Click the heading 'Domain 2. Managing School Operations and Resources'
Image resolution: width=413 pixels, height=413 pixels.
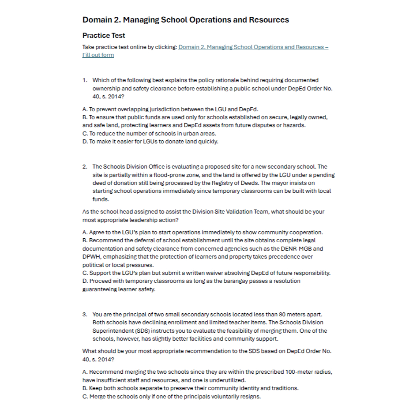pos(185,20)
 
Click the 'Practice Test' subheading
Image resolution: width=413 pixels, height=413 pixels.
pos(104,36)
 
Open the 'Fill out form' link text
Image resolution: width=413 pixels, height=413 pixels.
pos(98,55)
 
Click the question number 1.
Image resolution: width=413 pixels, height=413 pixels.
pos(84,80)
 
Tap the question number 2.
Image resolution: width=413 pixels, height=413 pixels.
pos(84,167)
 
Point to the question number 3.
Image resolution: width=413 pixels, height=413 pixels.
pos(84,315)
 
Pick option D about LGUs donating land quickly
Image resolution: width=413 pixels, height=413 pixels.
pos(150,142)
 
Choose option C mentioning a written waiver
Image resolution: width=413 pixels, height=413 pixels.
pos(206,273)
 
